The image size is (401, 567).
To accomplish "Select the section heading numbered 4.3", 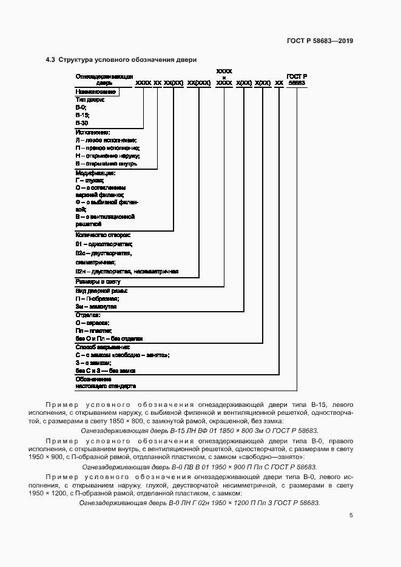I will (x=121, y=59).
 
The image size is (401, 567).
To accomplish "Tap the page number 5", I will (x=351, y=515).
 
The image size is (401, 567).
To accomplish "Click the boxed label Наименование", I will (x=95, y=92).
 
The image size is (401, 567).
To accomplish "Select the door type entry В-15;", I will (x=83, y=115).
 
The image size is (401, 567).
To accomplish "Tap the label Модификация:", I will (x=95, y=172).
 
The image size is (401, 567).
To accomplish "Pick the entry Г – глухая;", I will (x=89, y=180).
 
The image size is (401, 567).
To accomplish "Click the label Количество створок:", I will (x=103, y=234).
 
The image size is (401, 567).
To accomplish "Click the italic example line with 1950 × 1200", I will (x=200, y=503).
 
